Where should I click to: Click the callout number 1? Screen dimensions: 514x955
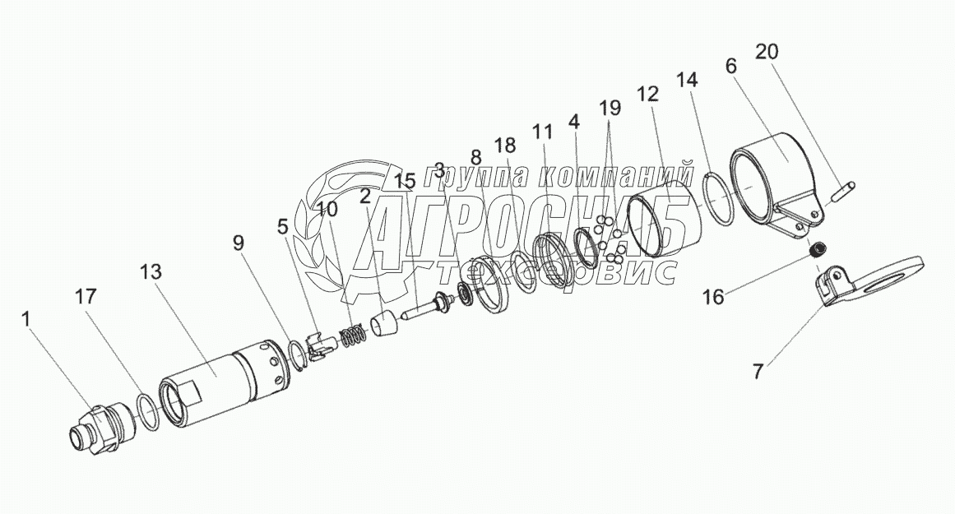click(28, 318)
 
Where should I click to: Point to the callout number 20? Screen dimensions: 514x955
click(766, 52)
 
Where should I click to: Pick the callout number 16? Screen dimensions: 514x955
click(713, 297)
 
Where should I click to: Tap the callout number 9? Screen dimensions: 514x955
click(239, 243)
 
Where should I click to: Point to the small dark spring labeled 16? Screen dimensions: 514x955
click(818, 251)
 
